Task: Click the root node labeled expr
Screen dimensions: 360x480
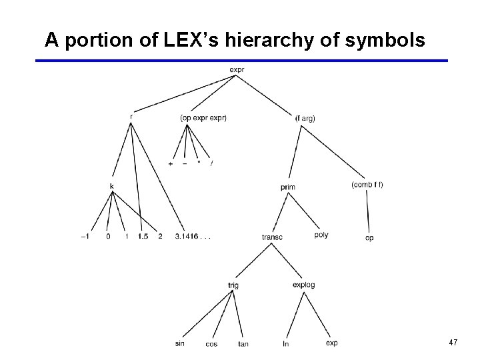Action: pos(236,69)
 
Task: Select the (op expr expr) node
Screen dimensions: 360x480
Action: pos(203,118)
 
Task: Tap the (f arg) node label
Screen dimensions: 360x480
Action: pos(305,118)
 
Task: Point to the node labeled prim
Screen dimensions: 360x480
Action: pos(288,187)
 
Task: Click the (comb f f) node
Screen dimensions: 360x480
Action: pos(367,185)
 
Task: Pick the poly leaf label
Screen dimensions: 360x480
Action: pos(321,235)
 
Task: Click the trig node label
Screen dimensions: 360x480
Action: pos(233,285)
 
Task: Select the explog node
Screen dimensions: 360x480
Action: pos(303,285)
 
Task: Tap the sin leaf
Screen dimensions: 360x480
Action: pos(180,343)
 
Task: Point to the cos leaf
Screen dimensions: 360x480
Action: pos(211,344)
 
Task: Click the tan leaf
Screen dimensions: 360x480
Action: pos(243,344)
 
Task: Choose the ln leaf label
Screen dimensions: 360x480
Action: pos(286,344)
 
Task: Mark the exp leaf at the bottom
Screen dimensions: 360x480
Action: pos(331,343)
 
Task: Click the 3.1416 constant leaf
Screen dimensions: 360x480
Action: pos(192,236)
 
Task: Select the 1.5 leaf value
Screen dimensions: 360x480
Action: pos(143,236)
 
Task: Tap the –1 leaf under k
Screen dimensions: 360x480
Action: pos(86,236)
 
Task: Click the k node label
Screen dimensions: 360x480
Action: pos(112,185)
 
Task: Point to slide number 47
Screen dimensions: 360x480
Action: pos(453,343)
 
